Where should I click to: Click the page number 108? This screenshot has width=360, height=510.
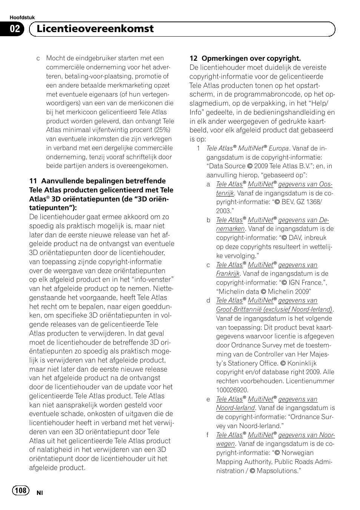[x=21, y=490]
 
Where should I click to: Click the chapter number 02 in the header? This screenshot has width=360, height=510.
[x=15, y=29]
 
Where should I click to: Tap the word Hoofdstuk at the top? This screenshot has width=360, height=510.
[x=22, y=18]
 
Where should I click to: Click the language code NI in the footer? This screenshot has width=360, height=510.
[x=39, y=493]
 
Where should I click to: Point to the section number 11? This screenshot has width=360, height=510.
[x=33, y=181]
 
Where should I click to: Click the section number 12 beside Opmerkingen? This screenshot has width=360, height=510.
[x=193, y=58]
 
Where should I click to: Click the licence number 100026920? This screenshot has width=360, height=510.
[x=232, y=390]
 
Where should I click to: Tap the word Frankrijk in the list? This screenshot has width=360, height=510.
[x=228, y=274]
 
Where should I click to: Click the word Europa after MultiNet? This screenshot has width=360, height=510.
[x=278, y=149]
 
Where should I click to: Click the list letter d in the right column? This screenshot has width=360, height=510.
[x=208, y=301]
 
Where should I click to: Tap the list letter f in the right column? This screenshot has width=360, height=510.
[x=208, y=435]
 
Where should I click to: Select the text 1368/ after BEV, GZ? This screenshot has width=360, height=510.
[x=312, y=202]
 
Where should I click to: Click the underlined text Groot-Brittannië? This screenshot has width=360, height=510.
[x=239, y=310]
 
